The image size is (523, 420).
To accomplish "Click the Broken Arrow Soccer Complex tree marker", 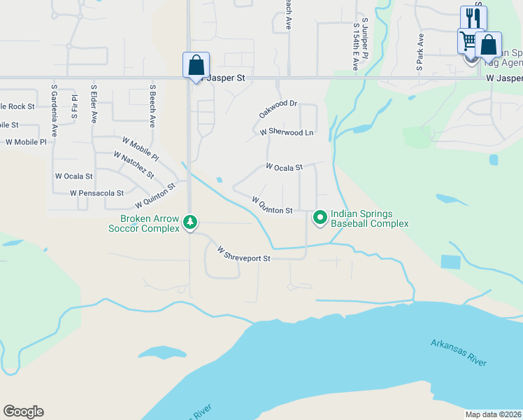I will point(189,223).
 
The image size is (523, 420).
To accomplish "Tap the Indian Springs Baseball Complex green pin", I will point(320,218).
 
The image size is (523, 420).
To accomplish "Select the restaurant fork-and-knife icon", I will point(473,17).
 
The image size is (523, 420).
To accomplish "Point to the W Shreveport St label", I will point(243,254).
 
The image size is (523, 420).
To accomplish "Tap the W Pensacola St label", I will point(96,192).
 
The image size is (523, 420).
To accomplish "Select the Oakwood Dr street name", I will point(278,108).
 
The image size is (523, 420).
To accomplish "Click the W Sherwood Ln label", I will point(287,132).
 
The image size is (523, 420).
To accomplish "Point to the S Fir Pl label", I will point(74,104).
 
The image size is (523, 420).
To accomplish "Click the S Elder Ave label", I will point(93,104).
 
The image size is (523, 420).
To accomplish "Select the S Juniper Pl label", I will point(365,38).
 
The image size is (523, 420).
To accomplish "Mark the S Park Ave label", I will point(420,52).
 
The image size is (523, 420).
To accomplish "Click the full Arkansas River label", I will point(458,351).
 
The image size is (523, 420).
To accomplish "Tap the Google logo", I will point(23,412).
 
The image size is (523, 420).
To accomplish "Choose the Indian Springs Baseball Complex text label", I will point(369,218).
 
